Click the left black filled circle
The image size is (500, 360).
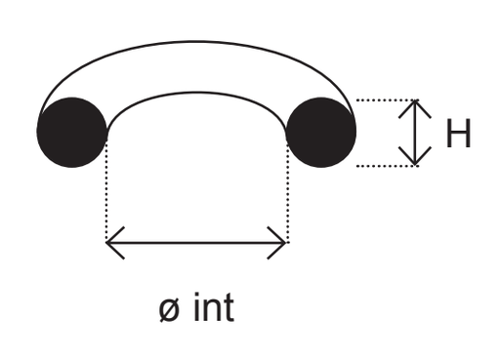[x=71, y=133]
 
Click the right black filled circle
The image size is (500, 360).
[x=321, y=133]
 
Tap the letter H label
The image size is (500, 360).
[x=458, y=134]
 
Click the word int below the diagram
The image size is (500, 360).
[x=214, y=307]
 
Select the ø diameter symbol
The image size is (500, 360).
[x=169, y=310]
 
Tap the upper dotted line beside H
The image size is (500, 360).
[x=388, y=100]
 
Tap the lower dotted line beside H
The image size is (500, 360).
[x=388, y=166]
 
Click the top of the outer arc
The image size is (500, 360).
[x=196, y=42]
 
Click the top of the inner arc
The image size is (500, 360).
[x=196, y=93]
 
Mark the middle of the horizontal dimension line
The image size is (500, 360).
[x=196, y=243]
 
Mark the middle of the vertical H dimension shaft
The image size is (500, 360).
[x=415, y=133]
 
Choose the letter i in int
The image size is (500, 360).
[x=196, y=306]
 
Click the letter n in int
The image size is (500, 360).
[x=211, y=310]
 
